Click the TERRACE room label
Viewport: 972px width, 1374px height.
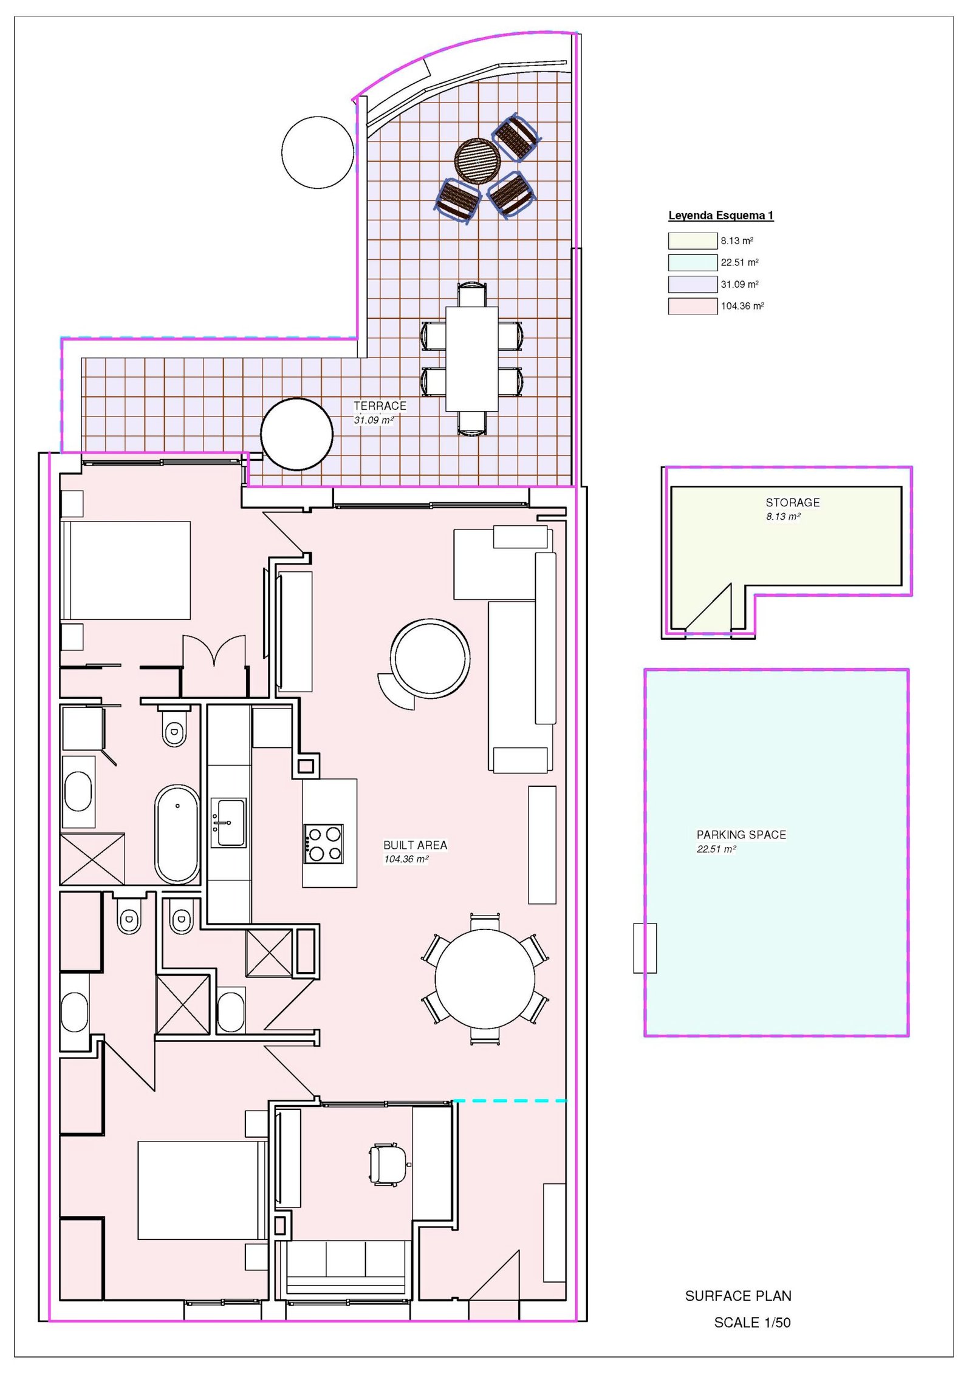tap(380, 406)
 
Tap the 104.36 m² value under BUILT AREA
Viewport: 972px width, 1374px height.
tap(406, 859)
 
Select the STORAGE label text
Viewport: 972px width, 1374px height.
tap(792, 502)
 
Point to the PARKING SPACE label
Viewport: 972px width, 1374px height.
tap(741, 834)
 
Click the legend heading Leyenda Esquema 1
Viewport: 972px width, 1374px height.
tap(720, 215)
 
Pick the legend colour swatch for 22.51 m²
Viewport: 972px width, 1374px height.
tap(692, 262)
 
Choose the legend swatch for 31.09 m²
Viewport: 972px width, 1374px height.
tap(692, 284)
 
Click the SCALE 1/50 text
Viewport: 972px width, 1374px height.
tap(751, 1322)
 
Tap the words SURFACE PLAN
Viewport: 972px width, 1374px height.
tap(738, 1296)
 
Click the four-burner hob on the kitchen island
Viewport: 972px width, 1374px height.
tap(324, 843)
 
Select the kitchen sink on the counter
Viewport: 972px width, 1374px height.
tap(228, 822)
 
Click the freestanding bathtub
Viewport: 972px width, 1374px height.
tap(177, 834)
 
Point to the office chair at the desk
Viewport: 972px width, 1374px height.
tap(388, 1164)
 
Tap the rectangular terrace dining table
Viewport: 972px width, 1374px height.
tap(471, 358)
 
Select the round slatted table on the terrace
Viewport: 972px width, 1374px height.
tap(477, 160)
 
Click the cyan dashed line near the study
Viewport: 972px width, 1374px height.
tap(509, 1100)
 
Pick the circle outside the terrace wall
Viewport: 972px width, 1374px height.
tap(318, 152)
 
